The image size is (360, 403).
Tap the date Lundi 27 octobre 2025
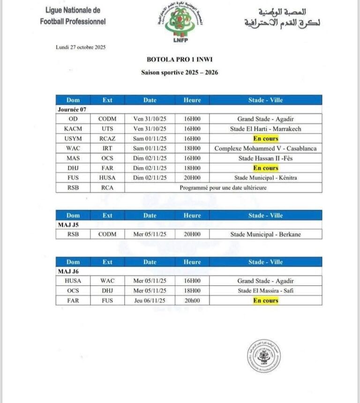click(77, 47)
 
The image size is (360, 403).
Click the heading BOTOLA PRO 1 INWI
click(180, 60)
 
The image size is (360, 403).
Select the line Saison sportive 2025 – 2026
click(180, 72)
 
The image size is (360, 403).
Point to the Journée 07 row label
click(72, 109)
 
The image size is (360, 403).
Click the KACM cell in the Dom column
click(73, 129)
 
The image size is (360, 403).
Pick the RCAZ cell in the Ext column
click(107, 138)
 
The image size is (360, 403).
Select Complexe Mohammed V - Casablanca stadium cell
click(265, 148)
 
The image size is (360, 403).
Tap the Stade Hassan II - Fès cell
click(265, 158)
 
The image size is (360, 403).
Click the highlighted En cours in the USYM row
click(266, 138)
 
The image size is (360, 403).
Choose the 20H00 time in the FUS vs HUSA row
click(192, 178)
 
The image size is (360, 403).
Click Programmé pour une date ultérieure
click(223, 188)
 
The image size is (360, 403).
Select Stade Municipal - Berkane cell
click(265, 235)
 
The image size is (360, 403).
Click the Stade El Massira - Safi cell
click(265, 291)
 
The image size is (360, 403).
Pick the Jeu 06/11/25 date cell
click(150, 301)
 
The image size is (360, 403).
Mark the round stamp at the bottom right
click(264, 356)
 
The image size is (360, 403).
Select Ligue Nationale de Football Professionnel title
click(73, 16)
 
